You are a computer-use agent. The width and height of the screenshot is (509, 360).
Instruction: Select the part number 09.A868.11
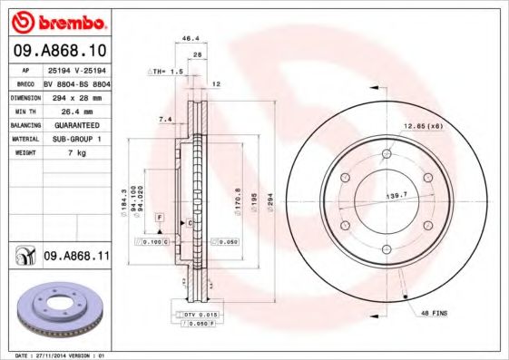(76, 257)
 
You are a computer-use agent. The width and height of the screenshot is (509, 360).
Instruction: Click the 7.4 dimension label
(164, 119)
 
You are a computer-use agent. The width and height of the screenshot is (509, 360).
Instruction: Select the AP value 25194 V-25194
(75, 69)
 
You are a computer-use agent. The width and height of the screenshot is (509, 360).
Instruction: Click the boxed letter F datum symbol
(159, 219)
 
